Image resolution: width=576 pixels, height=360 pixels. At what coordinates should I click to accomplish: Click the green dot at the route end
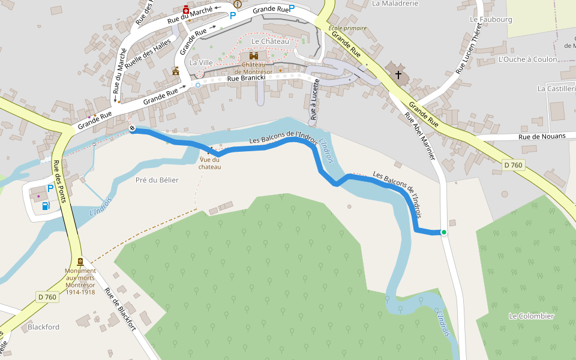pyautogui.click(x=444, y=232)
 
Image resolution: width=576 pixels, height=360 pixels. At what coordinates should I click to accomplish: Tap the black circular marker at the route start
pyautogui.click(x=132, y=130)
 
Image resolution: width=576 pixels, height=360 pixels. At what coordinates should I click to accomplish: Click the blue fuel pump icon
pyautogui.click(x=46, y=206)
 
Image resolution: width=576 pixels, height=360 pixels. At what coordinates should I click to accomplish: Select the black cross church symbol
pyautogui.click(x=398, y=74)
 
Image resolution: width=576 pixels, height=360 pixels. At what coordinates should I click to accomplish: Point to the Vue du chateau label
pyautogui.click(x=210, y=163)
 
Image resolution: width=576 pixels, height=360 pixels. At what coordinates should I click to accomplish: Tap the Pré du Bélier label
pyautogui.click(x=157, y=180)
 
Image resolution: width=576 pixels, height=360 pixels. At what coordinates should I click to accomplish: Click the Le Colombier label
pyautogui.click(x=531, y=316)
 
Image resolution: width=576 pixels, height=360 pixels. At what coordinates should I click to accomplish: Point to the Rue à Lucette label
pyautogui.click(x=314, y=98)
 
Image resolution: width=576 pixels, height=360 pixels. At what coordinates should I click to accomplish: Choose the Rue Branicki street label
pyautogui.click(x=250, y=78)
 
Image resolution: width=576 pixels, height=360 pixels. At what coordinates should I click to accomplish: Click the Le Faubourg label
pyautogui.click(x=491, y=19)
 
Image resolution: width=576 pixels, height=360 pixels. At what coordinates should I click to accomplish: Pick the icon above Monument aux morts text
pyautogui.click(x=80, y=261)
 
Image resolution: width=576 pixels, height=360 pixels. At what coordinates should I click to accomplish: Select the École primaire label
pyautogui.click(x=347, y=28)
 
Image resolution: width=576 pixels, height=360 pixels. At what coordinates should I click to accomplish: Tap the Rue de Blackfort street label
pyautogui.click(x=120, y=310)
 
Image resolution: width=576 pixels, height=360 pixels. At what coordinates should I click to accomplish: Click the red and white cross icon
pyautogui.click(x=186, y=11)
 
